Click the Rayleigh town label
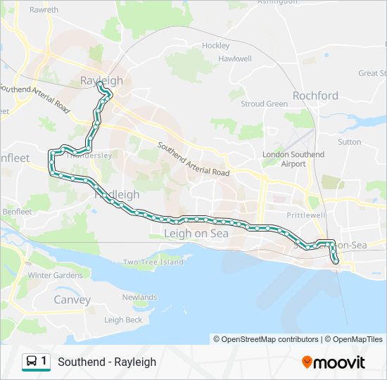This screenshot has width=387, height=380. click(101, 80)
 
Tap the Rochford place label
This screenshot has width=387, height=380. click(315, 96)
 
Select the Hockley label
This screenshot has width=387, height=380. click(216, 46)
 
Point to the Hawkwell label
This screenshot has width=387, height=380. click(235, 59)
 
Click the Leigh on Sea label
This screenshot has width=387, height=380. click(196, 234)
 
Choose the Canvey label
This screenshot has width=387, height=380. click(72, 299)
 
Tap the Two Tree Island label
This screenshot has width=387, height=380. click(153, 262)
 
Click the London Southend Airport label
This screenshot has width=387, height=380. click(293, 159)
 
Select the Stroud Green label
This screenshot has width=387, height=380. click(264, 104)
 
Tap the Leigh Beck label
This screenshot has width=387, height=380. click(123, 320)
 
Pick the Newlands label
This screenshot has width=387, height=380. click(139, 297)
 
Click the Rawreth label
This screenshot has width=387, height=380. click(44, 11)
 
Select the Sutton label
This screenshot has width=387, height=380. click(349, 141)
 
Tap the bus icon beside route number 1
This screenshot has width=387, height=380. click(32, 362)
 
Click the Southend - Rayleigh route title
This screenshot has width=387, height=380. click(107, 362)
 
